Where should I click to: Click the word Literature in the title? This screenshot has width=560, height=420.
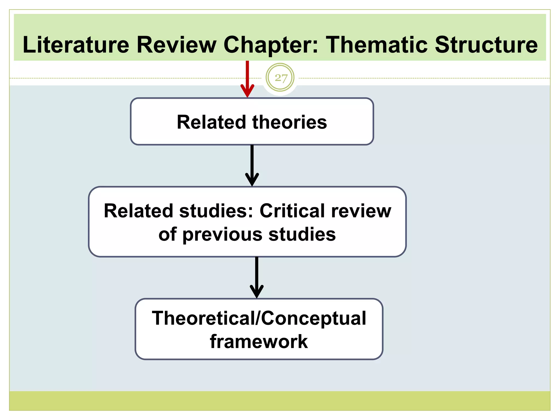click(76, 45)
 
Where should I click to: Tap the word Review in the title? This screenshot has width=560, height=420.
click(176, 45)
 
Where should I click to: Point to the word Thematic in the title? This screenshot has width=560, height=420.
click(377, 45)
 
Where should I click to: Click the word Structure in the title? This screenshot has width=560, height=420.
click(486, 45)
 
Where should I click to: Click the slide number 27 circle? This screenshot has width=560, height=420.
click(280, 78)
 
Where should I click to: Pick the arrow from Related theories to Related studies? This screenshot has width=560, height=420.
click(252, 165)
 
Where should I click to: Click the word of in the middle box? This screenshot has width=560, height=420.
click(167, 235)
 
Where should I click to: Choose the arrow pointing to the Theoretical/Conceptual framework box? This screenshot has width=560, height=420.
click(256, 278)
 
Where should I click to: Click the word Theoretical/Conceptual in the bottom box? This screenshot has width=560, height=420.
click(259, 318)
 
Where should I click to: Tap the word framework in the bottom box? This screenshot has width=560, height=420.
click(259, 342)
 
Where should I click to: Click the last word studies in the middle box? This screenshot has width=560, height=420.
click(302, 235)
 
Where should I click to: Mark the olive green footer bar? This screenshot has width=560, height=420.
click(280, 401)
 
